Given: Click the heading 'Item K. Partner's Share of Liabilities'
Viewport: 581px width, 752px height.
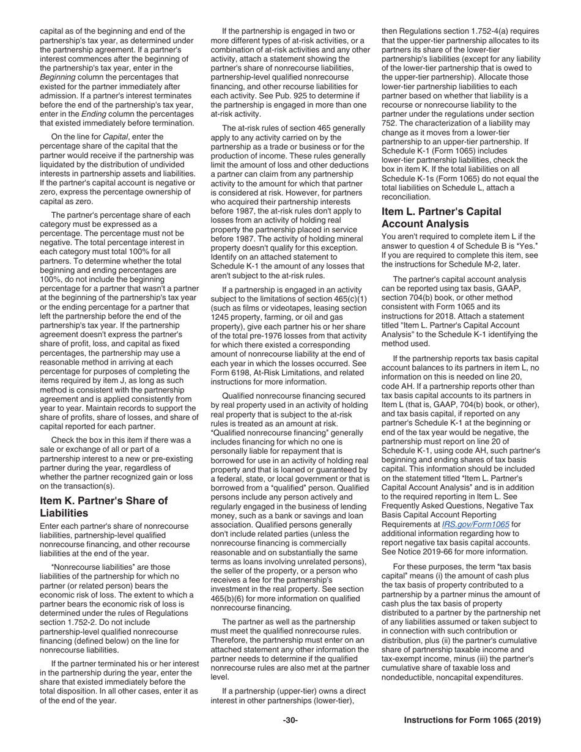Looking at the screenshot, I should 103,507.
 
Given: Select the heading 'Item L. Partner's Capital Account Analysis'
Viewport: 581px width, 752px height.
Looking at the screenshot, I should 442,218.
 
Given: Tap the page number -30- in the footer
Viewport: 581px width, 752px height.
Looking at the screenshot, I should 290,720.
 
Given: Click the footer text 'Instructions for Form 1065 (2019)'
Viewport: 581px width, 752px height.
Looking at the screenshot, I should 472,720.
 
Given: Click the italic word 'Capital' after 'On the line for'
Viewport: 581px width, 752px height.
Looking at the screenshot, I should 115,137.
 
